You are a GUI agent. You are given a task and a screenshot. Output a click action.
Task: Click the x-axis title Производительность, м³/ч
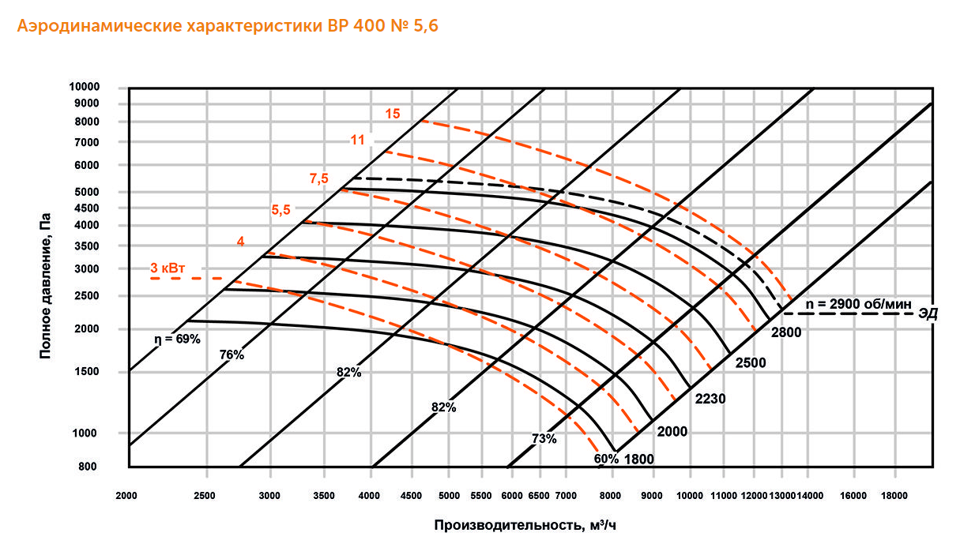click(524, 525)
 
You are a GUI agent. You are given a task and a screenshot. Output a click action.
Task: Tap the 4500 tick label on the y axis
click(104, 208)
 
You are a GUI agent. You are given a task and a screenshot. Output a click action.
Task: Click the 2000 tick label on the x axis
click(126, 496)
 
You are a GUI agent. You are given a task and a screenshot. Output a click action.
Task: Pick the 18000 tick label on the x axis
click(894, 496)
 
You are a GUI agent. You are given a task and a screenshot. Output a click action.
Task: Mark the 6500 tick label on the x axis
click(538, 496)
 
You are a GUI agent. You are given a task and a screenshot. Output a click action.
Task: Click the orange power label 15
click(393, 114)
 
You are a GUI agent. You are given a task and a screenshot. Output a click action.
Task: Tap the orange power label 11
click(357, 141)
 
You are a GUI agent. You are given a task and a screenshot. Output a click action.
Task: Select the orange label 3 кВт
click(168, 269)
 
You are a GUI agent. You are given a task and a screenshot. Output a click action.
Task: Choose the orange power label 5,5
click(281, 210)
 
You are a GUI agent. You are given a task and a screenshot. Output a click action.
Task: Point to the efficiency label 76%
click(232, 355)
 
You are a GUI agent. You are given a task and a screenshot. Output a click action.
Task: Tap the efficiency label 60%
click(606, 459)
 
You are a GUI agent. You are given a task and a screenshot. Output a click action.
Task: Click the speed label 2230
click(710, 399)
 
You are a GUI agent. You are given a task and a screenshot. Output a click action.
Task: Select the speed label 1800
click(639, 459)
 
